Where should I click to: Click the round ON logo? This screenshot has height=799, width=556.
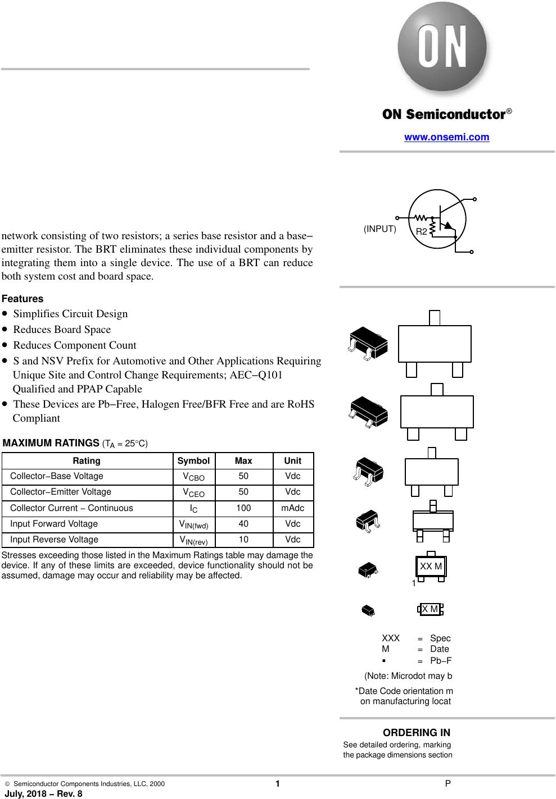click(442, 48)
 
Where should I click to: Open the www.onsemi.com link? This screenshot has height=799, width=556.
click(446, 137)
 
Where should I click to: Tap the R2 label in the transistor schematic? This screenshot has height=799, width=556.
click(421, 231)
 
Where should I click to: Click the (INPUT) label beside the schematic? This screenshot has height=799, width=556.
click(379, 229)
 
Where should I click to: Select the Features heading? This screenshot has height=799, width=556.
click(22, 299)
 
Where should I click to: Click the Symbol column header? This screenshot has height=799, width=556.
click(193, 460)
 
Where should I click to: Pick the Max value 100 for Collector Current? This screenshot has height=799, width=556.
click(243, 508)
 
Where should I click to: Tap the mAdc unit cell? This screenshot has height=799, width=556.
click(292, 508)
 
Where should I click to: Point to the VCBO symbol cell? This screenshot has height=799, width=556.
click(193, 477)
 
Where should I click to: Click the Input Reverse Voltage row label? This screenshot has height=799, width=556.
click(54, 540)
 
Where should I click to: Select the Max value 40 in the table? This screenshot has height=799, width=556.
click(243, 523)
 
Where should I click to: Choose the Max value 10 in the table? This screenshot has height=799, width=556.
click(243, 540)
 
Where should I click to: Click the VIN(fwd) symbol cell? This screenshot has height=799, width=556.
click(193, 524)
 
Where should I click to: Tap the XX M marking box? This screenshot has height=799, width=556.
click(431, 567)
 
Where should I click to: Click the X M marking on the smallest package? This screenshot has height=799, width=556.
click(430, 609)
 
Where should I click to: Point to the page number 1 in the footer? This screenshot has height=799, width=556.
click(278, 784)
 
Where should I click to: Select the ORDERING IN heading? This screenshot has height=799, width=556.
click(416, 732)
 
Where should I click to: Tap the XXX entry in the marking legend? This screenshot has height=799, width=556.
click(391, 638)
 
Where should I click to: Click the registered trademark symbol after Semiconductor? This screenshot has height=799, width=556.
click(509, 111)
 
